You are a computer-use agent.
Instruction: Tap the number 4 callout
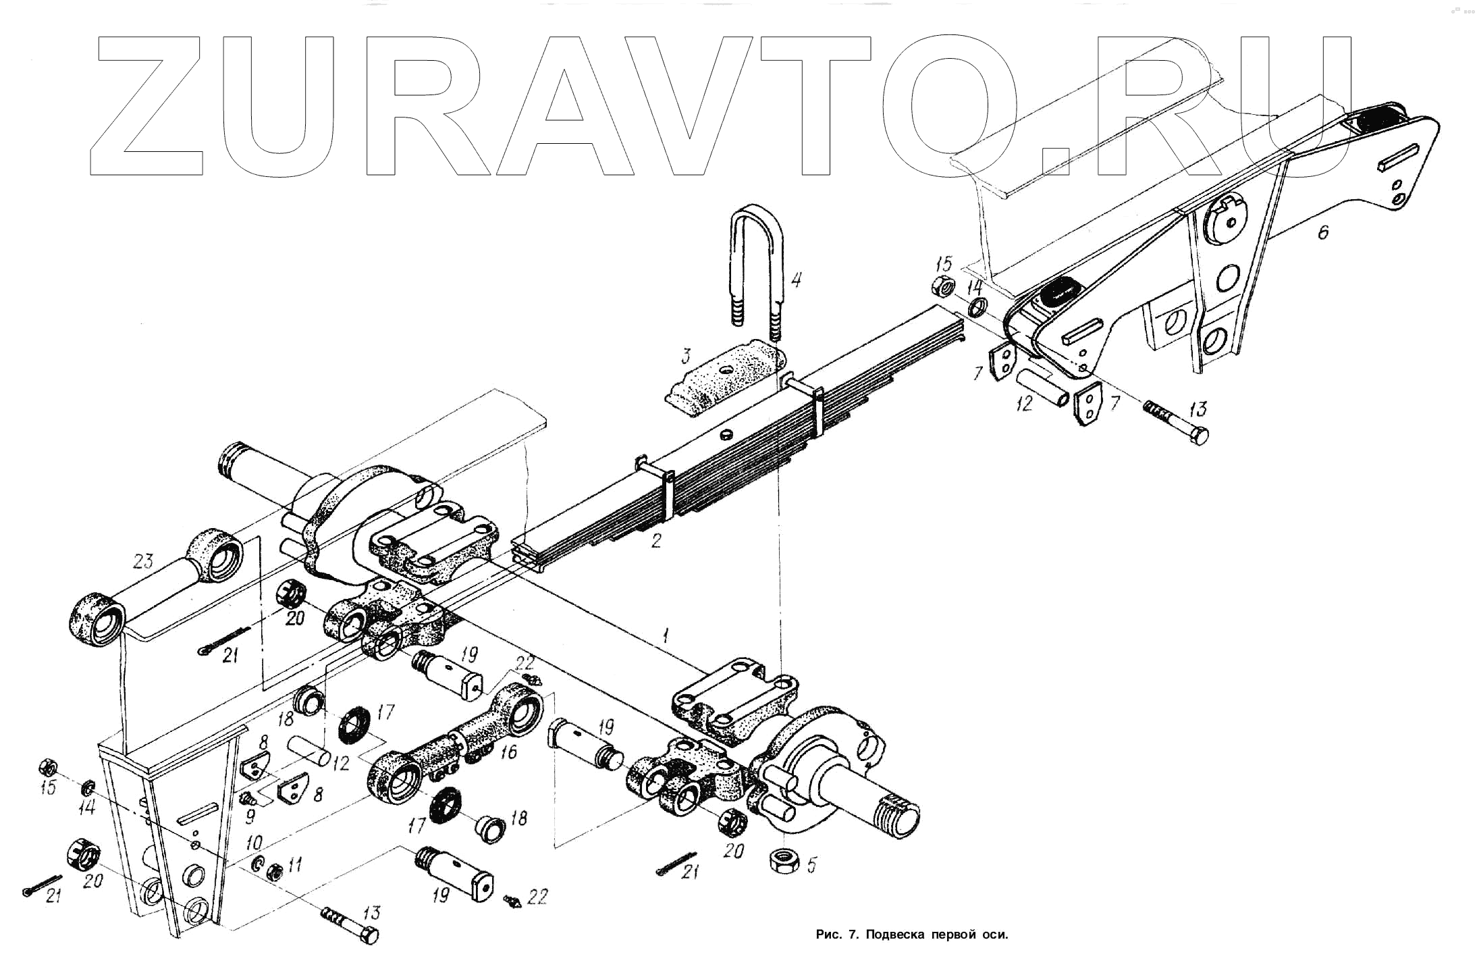tap(797, 279)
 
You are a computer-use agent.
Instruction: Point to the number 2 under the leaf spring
tap(655, 540)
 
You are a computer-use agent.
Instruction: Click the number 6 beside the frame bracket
tap(1322, 232)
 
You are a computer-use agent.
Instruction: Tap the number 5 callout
tap(811, 865)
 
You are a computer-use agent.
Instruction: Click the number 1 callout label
tap(666, 634)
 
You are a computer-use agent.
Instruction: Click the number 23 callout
tap(143, 560)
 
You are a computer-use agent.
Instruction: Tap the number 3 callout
tap(685, 356)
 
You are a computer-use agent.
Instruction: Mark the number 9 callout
tap(250, 817)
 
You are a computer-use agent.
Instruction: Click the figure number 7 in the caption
tap(853, 935)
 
